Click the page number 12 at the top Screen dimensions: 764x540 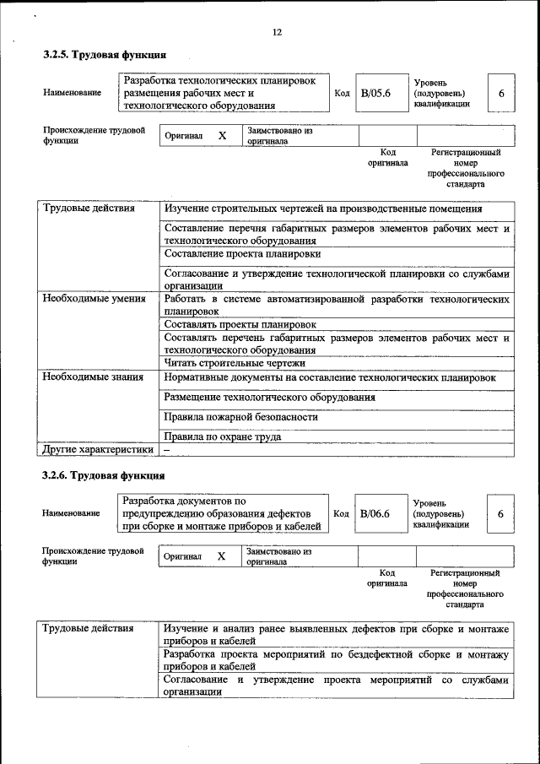pyautogui.click(x=277, y=32)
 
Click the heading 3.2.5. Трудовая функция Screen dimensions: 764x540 pyautogui.click(x=99, y=55)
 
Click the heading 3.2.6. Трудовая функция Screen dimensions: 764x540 pyautogui.click(x=99, y=475)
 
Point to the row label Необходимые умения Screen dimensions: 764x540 pyautogui.click(x=94, y=299)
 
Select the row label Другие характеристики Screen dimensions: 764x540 pyautogui.click(x=98, y=449)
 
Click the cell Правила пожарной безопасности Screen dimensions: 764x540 pyautogui.click(x=241, y=417)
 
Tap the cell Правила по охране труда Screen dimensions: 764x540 pyautogui.click(x=223, y=437)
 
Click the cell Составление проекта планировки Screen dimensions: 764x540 pyautogui.click(x=242, y=253)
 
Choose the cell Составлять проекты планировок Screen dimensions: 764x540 pyautogui.click(x=240, y=324)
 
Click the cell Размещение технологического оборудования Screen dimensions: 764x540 pyautogui.click(x=270, y=397)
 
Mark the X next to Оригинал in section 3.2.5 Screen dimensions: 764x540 pyautogui.click(x=222, y=136)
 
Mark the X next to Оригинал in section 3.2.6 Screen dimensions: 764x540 pyautogui.click(x=221, y=556)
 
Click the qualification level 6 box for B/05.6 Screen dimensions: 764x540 pyautogui.click(x=501, y=93)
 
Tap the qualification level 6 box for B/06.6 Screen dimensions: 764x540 pyautogui.click(x=500, y=513)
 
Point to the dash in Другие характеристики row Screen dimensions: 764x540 pyautogui.click(x=167, y=450)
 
